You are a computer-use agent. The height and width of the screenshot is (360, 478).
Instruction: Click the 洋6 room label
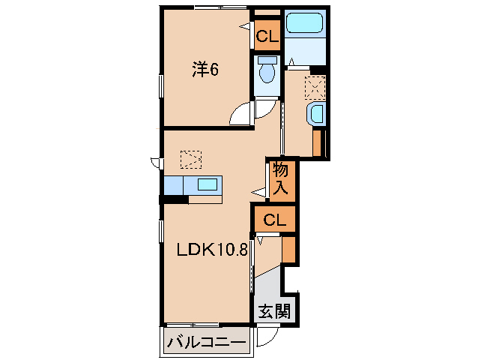pos(205,70)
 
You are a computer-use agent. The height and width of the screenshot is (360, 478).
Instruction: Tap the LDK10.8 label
pos(212,249)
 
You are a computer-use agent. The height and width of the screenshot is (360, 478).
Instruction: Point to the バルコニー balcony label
pos(206,343)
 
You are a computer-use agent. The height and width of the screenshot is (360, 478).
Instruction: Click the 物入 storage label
pos(281,180)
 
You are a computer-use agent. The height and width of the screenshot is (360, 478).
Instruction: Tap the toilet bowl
pos(266,73)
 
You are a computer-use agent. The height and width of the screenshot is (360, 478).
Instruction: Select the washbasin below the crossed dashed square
pos(317,115)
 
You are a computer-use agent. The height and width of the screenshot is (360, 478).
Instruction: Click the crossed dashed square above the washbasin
pos(315,88)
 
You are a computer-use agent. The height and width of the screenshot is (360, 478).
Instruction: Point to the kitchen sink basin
pos(208,184)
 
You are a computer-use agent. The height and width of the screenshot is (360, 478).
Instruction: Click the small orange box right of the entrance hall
pos(288,248)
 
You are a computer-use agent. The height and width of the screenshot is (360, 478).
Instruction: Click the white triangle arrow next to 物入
pos(259,193)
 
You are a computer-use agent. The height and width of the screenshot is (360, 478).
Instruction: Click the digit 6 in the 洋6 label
pos(214,70)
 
